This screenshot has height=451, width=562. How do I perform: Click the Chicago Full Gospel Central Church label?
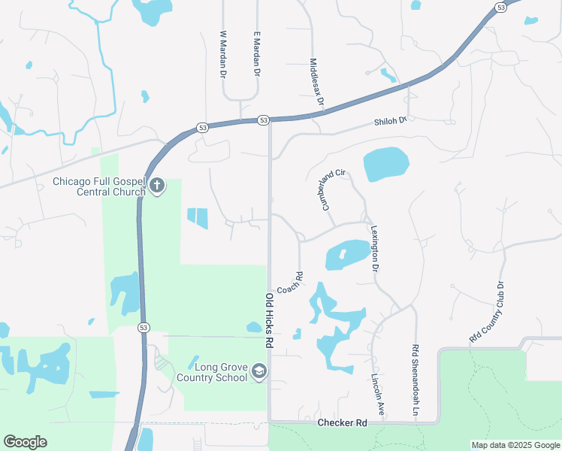pyautogui.click(x=98, y=186)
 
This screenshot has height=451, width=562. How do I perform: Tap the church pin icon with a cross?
pyautogui.click(x=157, y=186)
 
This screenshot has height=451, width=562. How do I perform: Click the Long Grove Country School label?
pyautogui.click(x=212, y=371)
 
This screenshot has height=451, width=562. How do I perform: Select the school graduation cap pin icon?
pyautogui.click(x=258, y=371)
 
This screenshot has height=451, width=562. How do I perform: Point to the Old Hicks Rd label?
pyautogui.click(x=268, y=319)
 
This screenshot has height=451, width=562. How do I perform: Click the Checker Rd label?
pyautogui.click(x=342, y=423)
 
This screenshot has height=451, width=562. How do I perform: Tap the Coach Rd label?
pyautogui.click(x=289, y=283)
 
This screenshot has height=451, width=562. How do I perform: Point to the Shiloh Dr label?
pyautogui.click(x=391, y=121)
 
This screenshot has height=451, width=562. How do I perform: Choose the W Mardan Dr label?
pyautogui.click(x=223, y=55)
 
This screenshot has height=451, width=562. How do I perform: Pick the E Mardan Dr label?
pyautogui.click(x=257, y=55)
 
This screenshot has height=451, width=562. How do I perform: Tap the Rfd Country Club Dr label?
pyautogui.click(x=490, y=312)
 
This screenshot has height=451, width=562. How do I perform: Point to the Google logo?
pyautogui.click(x=25, y=442)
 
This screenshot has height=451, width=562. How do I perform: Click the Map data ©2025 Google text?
pyautogui.click(x=515, y=445)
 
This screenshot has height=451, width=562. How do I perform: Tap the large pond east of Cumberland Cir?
pyautogui.click(x=385, y=164)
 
